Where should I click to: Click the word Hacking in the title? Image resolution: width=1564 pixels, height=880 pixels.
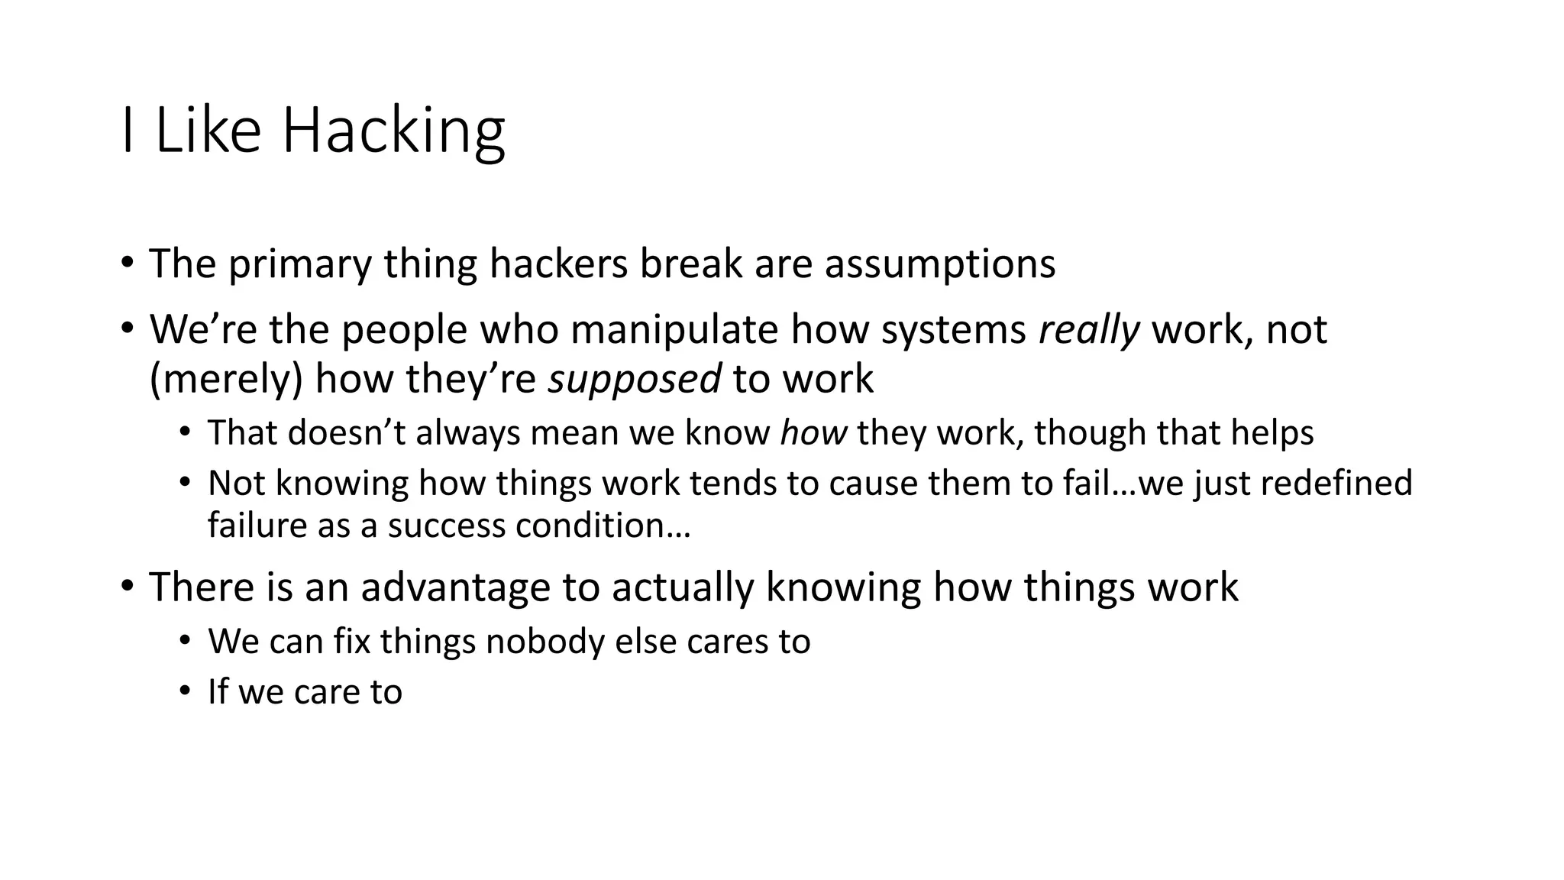coord(393,131)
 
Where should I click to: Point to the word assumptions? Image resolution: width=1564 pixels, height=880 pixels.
coord(940,265)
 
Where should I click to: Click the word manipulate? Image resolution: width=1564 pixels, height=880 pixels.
coord(674,330)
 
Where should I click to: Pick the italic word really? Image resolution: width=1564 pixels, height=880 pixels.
coord(1089,330)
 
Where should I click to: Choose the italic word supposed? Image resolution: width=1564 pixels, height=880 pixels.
coord(634,379)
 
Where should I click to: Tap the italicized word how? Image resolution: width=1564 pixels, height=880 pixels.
coord(813,433)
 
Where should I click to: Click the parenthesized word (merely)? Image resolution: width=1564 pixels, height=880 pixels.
coord(226,380)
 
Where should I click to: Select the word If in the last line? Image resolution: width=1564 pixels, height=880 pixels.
coord(218,692)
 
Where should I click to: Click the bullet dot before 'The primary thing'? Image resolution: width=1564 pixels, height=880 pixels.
coord(127,263)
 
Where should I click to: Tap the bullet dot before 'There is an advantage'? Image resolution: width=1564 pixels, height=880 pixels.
coord(127,587)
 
